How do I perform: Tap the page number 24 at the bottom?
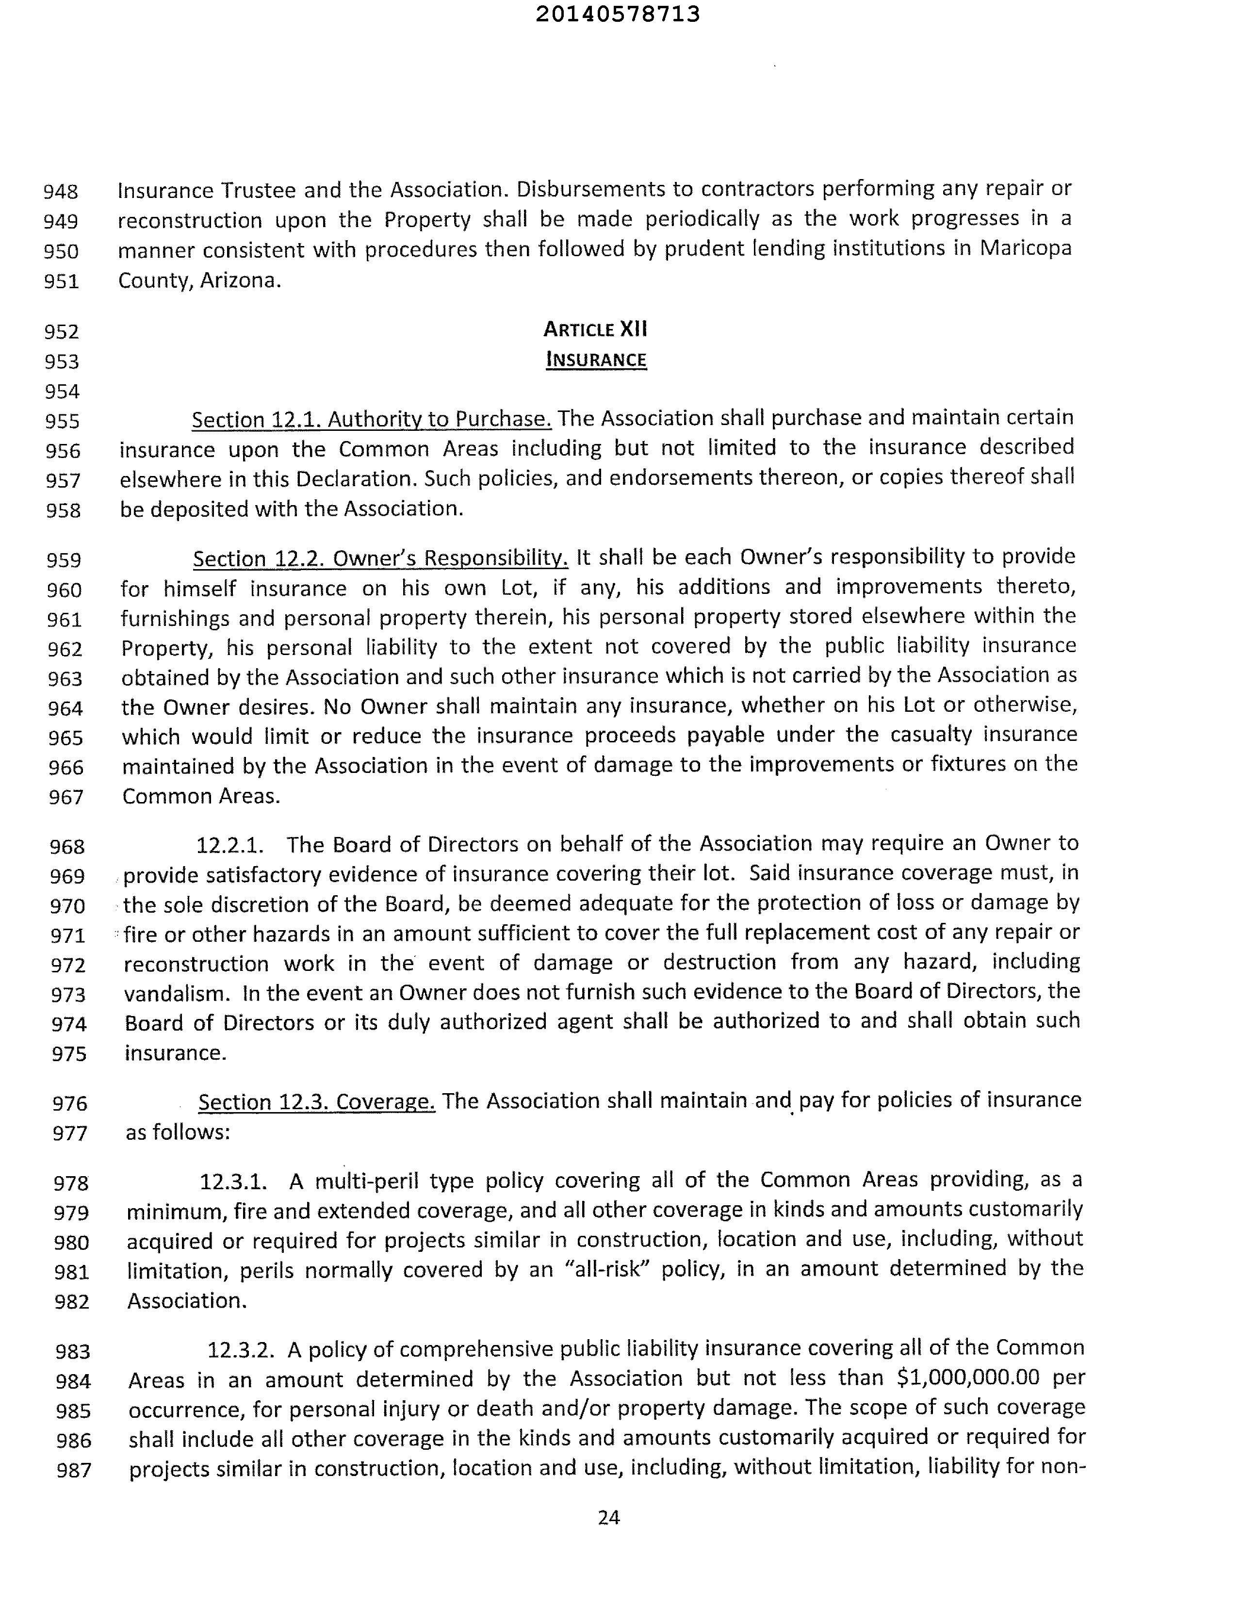(608, 1517)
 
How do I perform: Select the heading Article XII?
(595, 329)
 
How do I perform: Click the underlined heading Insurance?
(596, 360)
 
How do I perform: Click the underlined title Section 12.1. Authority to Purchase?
(372, 419)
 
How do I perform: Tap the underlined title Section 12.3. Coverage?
(316, 1101)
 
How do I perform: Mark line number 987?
(74, 1470)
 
